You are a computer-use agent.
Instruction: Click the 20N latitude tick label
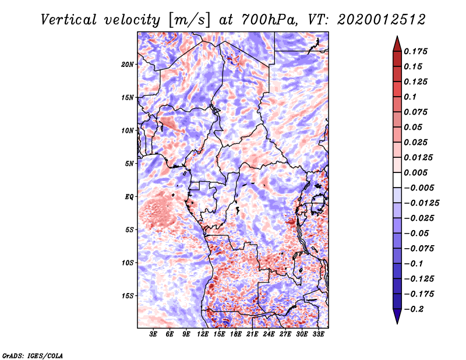128,64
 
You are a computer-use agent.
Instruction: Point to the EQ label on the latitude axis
129,196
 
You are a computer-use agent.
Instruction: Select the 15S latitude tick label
128,295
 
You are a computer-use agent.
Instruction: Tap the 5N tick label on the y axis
129,163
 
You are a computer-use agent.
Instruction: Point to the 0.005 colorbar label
417,172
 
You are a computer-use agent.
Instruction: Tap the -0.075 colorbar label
419,248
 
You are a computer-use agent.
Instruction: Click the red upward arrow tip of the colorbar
397,41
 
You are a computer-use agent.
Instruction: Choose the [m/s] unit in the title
189,20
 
